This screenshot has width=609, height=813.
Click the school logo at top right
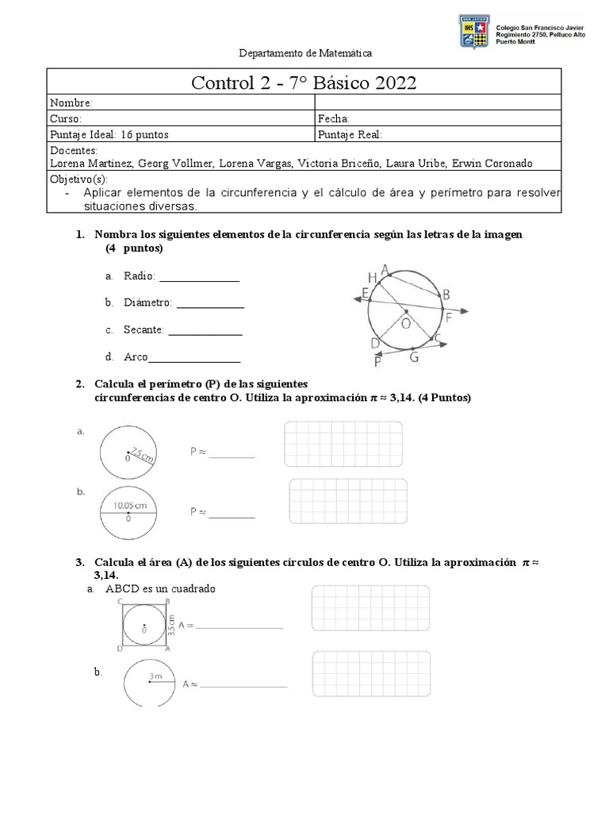click(475, 29)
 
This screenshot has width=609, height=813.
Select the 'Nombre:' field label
click(72, 103)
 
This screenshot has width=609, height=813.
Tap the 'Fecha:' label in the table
click(333, 118)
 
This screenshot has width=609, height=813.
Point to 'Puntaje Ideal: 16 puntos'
click(109, 134)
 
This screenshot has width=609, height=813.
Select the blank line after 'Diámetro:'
click(210, 304)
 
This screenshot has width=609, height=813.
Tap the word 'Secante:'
click(144, 329)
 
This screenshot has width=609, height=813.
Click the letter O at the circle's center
click(406, 324)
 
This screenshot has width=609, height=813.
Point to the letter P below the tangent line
click(378, 362)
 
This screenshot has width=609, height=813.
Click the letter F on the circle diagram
click(449, 318)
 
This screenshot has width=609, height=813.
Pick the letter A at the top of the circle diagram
click(385, 269)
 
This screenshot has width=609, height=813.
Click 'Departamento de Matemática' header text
click(305, 53)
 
